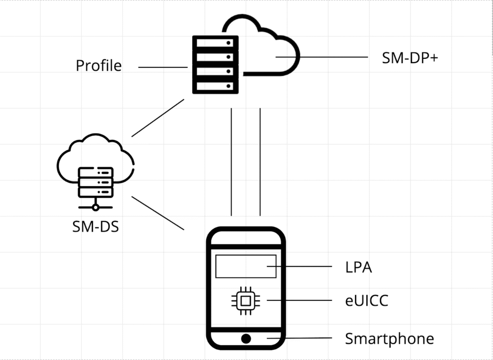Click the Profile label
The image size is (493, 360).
99,65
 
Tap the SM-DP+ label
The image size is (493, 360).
410,58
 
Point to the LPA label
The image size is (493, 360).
359,267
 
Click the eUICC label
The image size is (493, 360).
367,301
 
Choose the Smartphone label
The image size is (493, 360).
389,338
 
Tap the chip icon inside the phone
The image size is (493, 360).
245,301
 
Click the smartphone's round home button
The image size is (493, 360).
246,338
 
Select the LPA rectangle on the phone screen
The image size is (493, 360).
246,266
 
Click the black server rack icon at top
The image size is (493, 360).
216,64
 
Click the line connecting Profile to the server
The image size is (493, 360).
162,67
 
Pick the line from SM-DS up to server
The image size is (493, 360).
158,118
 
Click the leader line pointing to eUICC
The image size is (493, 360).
299,301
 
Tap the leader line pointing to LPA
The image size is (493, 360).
304,267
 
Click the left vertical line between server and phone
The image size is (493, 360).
232,162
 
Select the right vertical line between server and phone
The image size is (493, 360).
260,162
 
